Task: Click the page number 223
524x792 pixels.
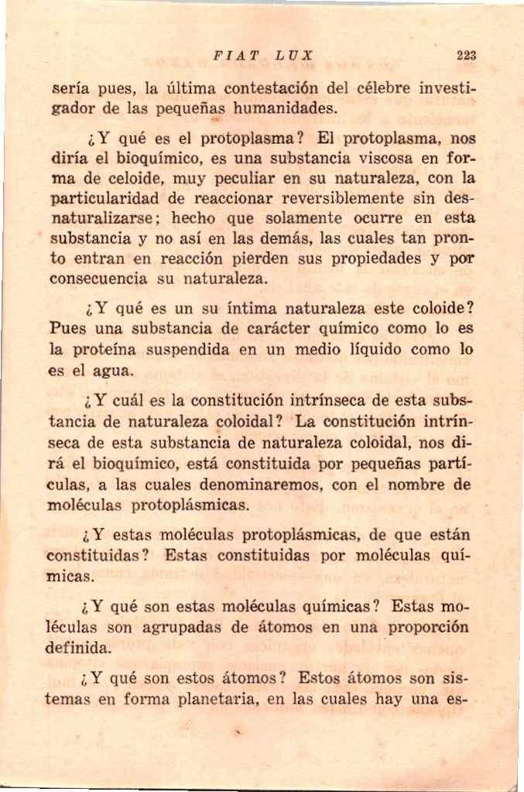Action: [466, 56]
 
